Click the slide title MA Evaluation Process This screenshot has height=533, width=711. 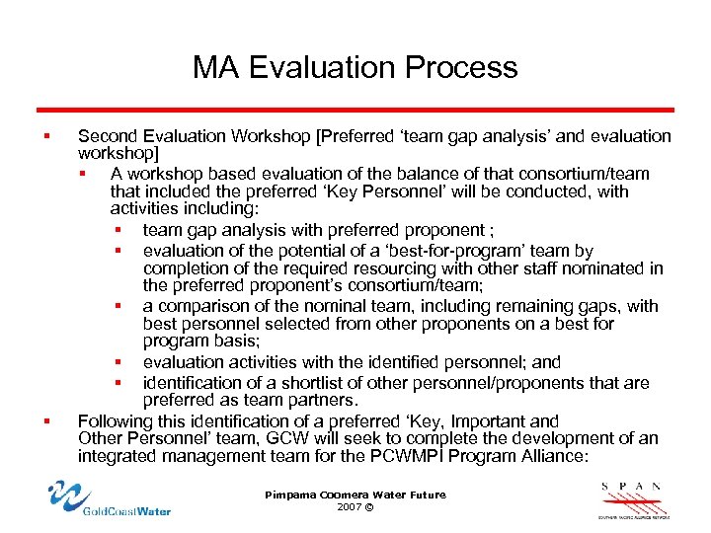355,67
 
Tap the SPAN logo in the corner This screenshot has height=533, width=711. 633,498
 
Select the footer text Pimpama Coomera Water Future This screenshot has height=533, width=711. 355,495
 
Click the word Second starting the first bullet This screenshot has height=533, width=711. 108,136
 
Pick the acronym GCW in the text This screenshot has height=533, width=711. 284,438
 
